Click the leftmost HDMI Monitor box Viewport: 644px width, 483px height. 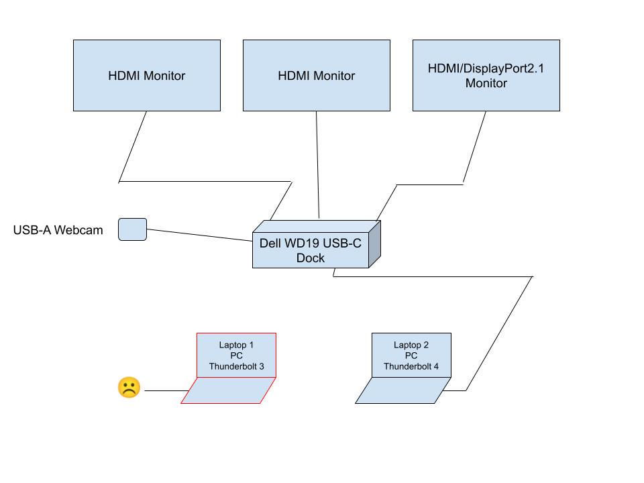point(146,75)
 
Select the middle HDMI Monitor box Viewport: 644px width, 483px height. point(316,75)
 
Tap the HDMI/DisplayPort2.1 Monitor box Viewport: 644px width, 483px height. point(486,75)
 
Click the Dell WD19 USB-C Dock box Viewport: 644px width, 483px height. point(310,250)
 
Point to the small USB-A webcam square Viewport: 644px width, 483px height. point(132,229)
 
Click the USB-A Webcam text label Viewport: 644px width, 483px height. point(58,230)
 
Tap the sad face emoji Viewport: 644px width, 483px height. point(129,388)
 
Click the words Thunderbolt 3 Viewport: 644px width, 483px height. point(236,367)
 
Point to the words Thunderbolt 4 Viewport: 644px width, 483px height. point(411,367)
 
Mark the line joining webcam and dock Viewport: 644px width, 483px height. point(199,235)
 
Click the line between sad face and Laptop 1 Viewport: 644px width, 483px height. point(166,390)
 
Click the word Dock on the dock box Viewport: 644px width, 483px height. point(311,258)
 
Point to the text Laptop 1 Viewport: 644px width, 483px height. point(236,345)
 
